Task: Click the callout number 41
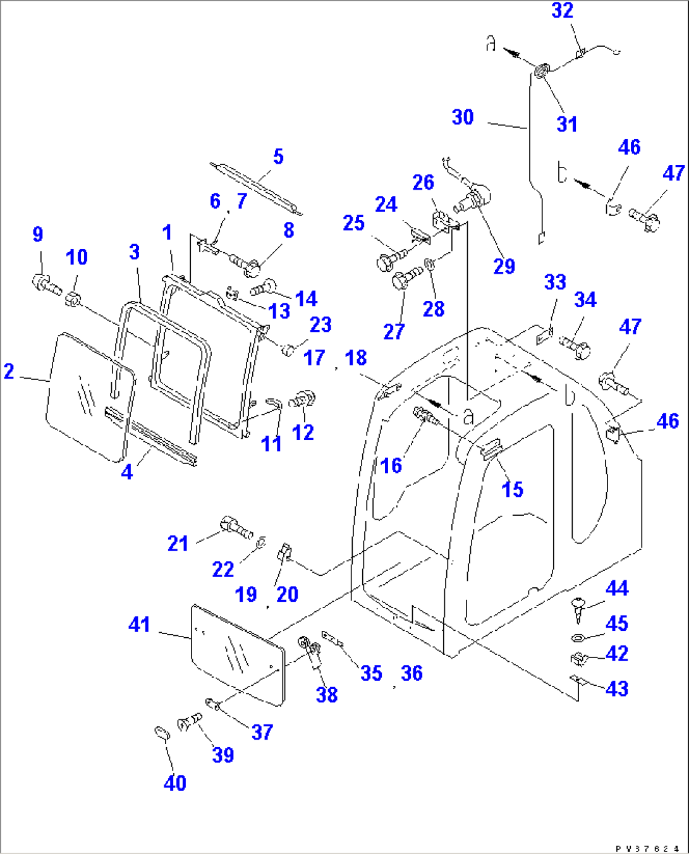click(139, 625)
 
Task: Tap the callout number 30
click(463, 117)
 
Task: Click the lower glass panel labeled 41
click(237, 654)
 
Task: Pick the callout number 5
click(278, 157)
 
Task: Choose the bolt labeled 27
click(405, 279)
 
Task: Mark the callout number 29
click(504, 266)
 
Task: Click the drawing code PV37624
click(647, 848)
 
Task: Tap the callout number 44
click(617, 589)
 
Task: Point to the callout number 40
click(174, 783)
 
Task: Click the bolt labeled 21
click(235, 527)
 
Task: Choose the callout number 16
click(391, 466)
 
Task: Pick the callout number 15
click(512, 489)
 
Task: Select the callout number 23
click(320, 324)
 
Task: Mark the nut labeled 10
click(73, 299)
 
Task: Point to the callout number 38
click(326, 695)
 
